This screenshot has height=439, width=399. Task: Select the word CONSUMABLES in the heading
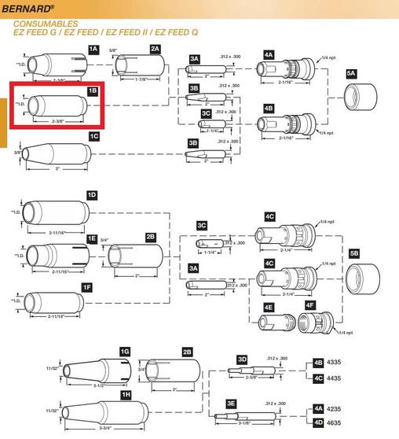tap(39, 25)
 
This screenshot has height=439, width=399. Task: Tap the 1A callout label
tap(93, 49)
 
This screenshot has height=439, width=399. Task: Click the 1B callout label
tap(93, 91)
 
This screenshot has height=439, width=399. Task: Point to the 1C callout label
tap(93, 136)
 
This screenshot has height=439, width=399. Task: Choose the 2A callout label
tap(155, 49)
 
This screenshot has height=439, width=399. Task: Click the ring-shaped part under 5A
tap(362, 101)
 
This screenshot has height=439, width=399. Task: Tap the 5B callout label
tap(354, 253)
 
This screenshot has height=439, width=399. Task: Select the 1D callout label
tap(91, 194)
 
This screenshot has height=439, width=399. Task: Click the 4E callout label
tap(268, 306)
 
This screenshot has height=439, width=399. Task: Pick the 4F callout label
tap(309, 305)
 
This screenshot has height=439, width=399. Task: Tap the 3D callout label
tap(242, 359)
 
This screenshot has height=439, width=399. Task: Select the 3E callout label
tap(231, 403)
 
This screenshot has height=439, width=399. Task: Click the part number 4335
tap(341, 363)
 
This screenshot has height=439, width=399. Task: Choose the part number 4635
tap(341, 422)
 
